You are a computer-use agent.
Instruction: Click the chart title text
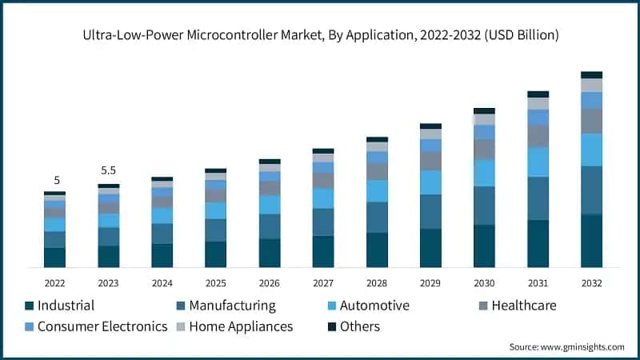pyautogui.click(x=320, y=35)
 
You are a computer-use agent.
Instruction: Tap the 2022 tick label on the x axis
pyautogui.click(x=55, y=282)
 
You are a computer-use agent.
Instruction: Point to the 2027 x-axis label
pyautogui.click(x=323, y=282)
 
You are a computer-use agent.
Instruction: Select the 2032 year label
pyautogui.click(x=591, y=282)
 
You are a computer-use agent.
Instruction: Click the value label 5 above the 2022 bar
pyautogui.click(x=56, y=180)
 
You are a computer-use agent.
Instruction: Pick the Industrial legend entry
pyautogui.click(x=60, y=306)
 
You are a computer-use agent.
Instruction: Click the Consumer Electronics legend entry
pyautogui.click(x=95, y=326)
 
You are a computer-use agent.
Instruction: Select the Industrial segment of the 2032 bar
pyautogui.click(x=591, y=241)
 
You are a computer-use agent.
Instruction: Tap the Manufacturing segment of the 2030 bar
pyautogui.click(x=484, y=206)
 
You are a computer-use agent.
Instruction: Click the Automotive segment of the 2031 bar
pyautogui.click(x=538, y=162)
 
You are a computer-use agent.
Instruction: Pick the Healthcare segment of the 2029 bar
pyautogui.click(x=430, y=161)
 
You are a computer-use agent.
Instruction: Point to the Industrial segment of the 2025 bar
pyautogui.click(x=216, y=254)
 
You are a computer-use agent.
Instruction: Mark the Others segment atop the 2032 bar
pyautogui.click(x=591, y=74)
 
